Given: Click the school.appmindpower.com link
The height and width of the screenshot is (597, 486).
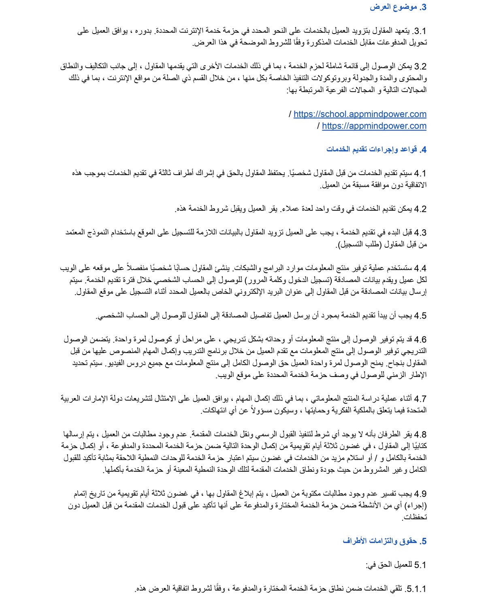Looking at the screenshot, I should [360, 114].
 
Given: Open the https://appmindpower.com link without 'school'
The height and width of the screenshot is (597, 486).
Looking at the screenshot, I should [374, 126].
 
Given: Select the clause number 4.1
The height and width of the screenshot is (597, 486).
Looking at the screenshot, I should [420, 173].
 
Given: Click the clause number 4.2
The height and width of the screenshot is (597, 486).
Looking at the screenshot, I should [420, 209].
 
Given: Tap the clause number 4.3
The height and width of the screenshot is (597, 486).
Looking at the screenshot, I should [420, 233].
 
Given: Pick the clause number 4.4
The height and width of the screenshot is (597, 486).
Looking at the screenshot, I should [420, 268].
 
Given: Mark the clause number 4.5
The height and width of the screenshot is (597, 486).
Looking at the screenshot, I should [420, 316].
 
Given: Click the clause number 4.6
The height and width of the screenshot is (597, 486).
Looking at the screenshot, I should [420, 339].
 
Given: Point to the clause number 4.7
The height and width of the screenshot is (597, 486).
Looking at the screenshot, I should [420, 399].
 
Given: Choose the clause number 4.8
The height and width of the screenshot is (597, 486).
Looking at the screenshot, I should [420, 434].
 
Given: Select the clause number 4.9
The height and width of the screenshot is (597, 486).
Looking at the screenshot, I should [420, 494].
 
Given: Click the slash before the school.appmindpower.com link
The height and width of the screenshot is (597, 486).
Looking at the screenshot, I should [290, 114].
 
